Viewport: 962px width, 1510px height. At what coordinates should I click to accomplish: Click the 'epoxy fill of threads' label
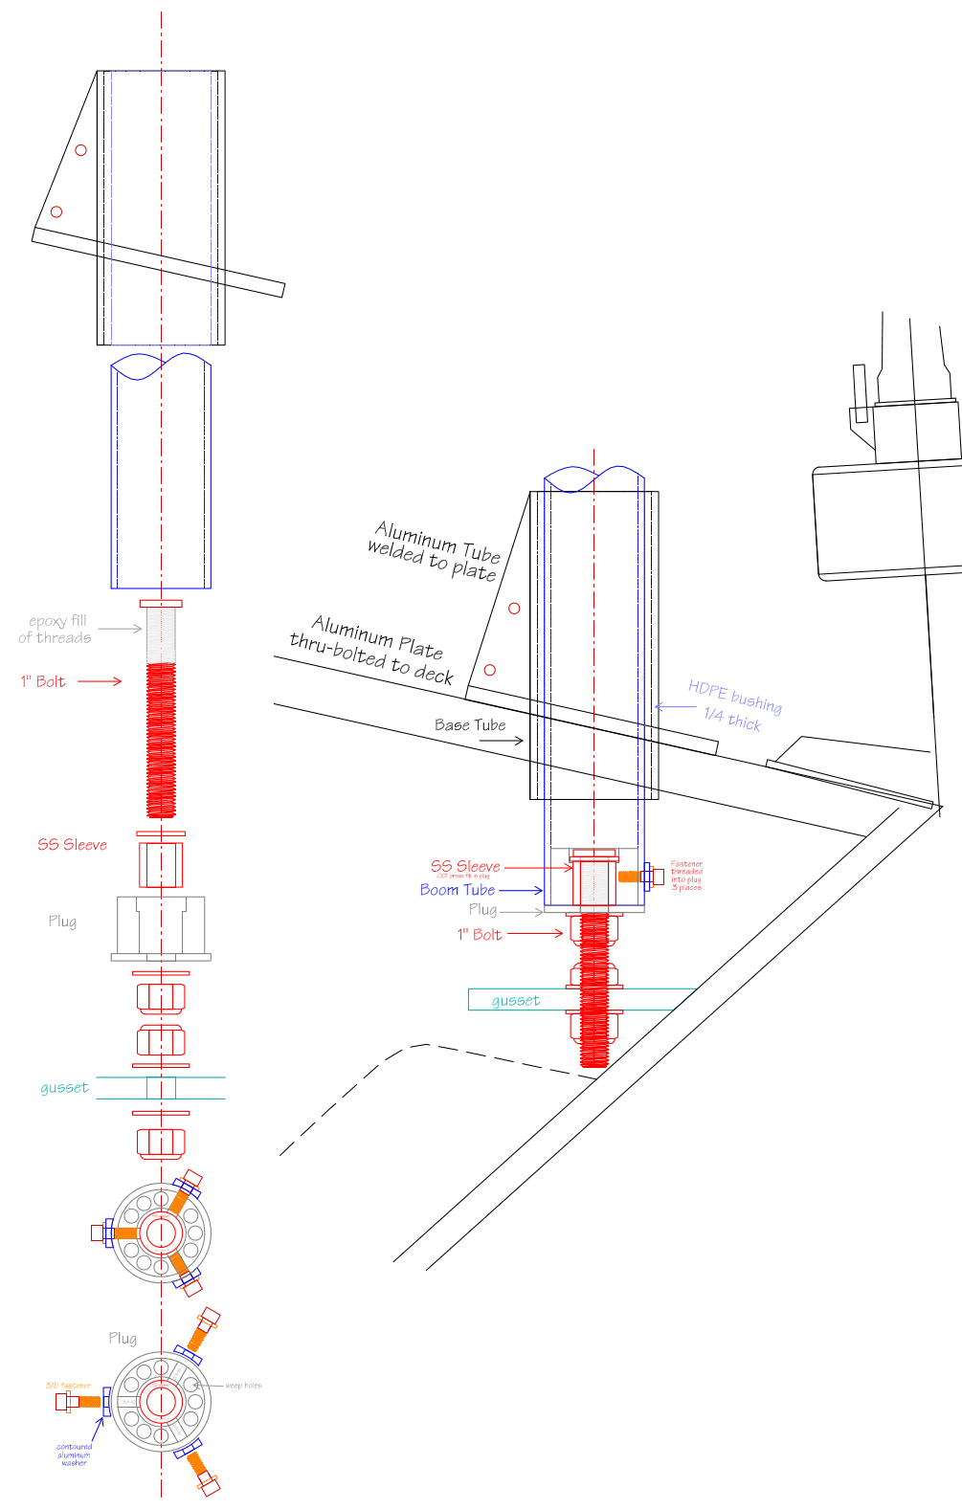(x=56, y=629)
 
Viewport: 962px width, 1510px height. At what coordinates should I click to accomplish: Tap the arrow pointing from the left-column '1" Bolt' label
(x=100, y=681)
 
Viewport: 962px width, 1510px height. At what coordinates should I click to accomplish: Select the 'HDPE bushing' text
(x=734, y=697)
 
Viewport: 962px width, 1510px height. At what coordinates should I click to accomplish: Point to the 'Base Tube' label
(x=469, y=725)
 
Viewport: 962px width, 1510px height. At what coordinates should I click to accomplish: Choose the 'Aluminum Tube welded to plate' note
(x=436, y=551)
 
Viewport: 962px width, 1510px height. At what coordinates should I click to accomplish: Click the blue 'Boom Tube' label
(x=457, y=890)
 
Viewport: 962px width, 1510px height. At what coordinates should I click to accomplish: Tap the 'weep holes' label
(x=243, y=1386)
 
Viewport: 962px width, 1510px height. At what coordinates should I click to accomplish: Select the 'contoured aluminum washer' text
(x=74, y=1454)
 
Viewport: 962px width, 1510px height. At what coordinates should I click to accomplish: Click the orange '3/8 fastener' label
(x=68, y=1386)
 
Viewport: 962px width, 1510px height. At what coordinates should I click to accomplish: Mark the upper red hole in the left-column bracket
(x=80, y=150)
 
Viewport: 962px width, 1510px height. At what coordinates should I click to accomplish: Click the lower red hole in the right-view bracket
(x=490, y=670)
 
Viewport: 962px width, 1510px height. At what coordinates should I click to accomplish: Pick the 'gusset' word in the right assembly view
(x=516, y=1001)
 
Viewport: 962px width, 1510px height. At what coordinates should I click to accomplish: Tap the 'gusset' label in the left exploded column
(x=64, y=1088)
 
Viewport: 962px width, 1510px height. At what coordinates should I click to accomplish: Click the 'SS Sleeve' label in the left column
(x=72, y=845)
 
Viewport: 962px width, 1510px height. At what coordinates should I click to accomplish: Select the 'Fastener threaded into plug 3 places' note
(x=686, y=876)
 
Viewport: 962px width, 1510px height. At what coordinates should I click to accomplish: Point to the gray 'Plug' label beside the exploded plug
(x=62, y=922)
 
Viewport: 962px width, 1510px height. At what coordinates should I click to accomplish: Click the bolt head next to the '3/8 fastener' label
(x=63, y=1402)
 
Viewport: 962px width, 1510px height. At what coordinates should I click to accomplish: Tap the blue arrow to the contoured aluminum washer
(x=98, y=1430)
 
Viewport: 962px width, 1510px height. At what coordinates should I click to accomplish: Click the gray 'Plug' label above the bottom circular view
(x=123, y=1339)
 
